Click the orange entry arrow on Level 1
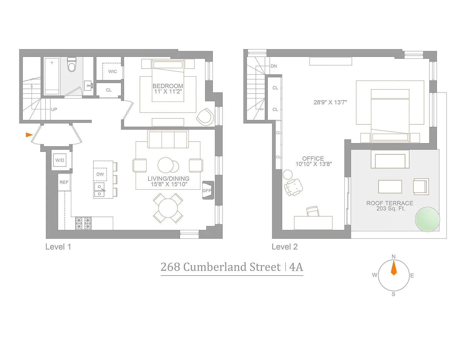coord(29,135)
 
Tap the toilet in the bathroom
coord(72,64)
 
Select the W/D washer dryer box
coord(60,160)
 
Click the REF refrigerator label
coord(64,182)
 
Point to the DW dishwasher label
coord(100,174)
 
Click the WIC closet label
coord(113,71)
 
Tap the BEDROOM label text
coord(168,86)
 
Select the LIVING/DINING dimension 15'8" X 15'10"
coord(169,184)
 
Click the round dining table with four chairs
coord(168,208)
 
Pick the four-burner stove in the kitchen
coord(83,223)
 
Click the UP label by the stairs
coord(54,109)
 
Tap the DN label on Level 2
coord(274,66)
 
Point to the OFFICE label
coord(313,159)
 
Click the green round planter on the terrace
coord(427,219)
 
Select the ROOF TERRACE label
coord(390,203)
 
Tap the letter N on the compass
coord(393,257)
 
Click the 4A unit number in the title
coord(296,267)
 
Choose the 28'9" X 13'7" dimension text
coord(330,102)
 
